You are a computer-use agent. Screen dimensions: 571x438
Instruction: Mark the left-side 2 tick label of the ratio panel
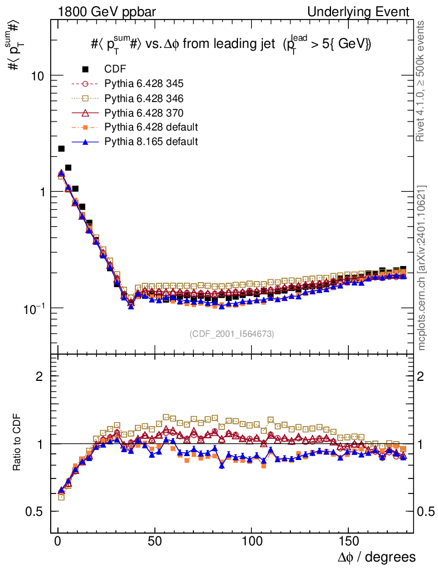click(x=40, y=376)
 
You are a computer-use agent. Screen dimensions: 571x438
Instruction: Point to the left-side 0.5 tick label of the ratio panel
click(x=36, y=512)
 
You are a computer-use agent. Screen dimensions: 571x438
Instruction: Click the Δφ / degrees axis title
click(x=376, y=557)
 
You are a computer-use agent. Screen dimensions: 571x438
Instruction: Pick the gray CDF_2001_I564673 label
click(x=232, y=333)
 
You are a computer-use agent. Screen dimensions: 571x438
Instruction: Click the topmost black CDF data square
click(x=61, y=148)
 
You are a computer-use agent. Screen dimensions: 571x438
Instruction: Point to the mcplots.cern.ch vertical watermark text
click(x=422, y=268)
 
